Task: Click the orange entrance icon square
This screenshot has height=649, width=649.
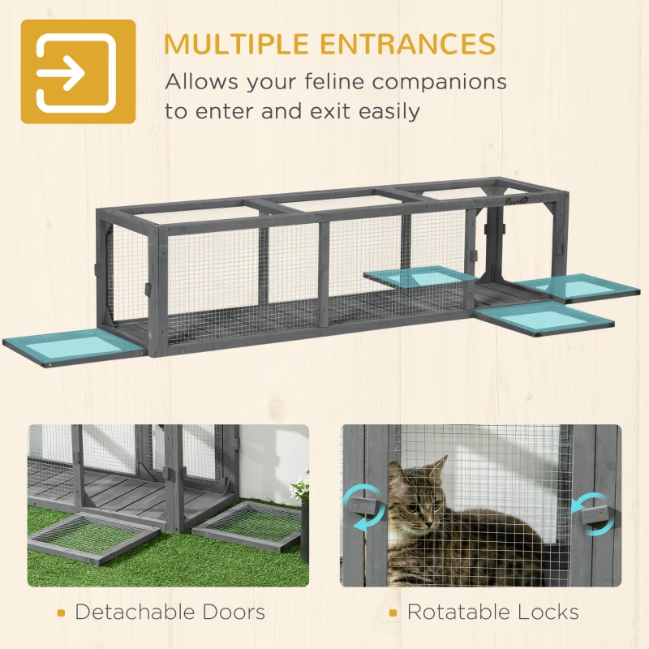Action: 78,71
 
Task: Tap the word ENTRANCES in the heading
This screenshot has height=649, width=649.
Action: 414,43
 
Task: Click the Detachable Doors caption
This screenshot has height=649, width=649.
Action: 170,611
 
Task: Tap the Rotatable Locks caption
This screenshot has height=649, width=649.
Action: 492,611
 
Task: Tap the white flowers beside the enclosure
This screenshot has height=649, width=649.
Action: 300,487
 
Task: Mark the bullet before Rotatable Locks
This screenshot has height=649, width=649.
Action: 393,612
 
